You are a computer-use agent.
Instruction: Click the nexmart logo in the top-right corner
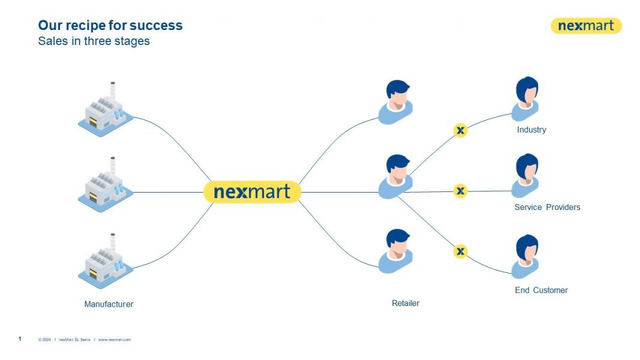point(585,26)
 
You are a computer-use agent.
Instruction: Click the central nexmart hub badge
point(252,192)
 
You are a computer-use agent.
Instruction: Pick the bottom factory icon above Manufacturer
point(104,262)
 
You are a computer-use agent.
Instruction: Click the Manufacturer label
point(109,304)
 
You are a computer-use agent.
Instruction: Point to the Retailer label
point(405,303)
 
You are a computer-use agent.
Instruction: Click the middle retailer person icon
point(396,176)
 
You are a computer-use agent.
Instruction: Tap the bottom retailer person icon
point(396,251)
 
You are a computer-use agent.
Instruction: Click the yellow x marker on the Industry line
point(460,130)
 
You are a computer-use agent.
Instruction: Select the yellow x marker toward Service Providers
point(460,191)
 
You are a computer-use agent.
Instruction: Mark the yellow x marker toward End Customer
point(460,251)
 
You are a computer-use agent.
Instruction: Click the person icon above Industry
point(526,98)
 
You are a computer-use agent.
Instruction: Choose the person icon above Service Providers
point(526,176)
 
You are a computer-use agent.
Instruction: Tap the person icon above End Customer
point(526,256)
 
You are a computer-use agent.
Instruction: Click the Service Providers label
point(547,208)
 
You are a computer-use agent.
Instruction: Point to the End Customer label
point(541,290)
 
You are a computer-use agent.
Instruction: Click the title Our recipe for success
point(110,25)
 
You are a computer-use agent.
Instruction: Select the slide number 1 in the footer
point(20,339)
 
